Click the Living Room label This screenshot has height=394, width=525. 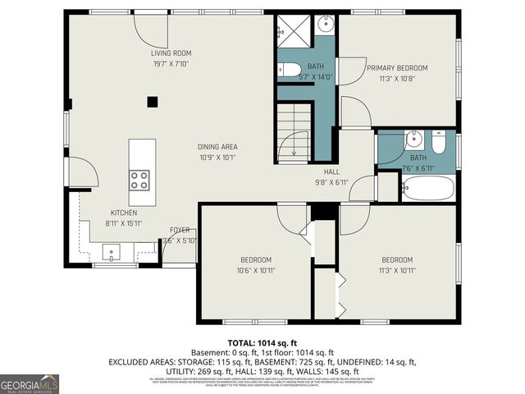click(x=171, y=53)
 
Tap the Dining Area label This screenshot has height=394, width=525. click(x=217, y=147)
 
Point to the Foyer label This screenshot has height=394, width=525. click(x=180, y=230)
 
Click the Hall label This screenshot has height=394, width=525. click(x=331, y=172)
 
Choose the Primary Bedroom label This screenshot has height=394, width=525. click(x=398, y=68)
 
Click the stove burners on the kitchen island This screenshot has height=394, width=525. click(x=139, y=179)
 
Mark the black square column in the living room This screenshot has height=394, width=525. click(x=152, y=102)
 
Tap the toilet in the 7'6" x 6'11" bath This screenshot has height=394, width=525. click(x=439, y=145)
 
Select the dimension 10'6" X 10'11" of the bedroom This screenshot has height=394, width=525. click(x=257, y=269)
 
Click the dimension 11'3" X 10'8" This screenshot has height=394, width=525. click(x=398, y=80)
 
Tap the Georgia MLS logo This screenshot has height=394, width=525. click(x=30, y=383)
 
